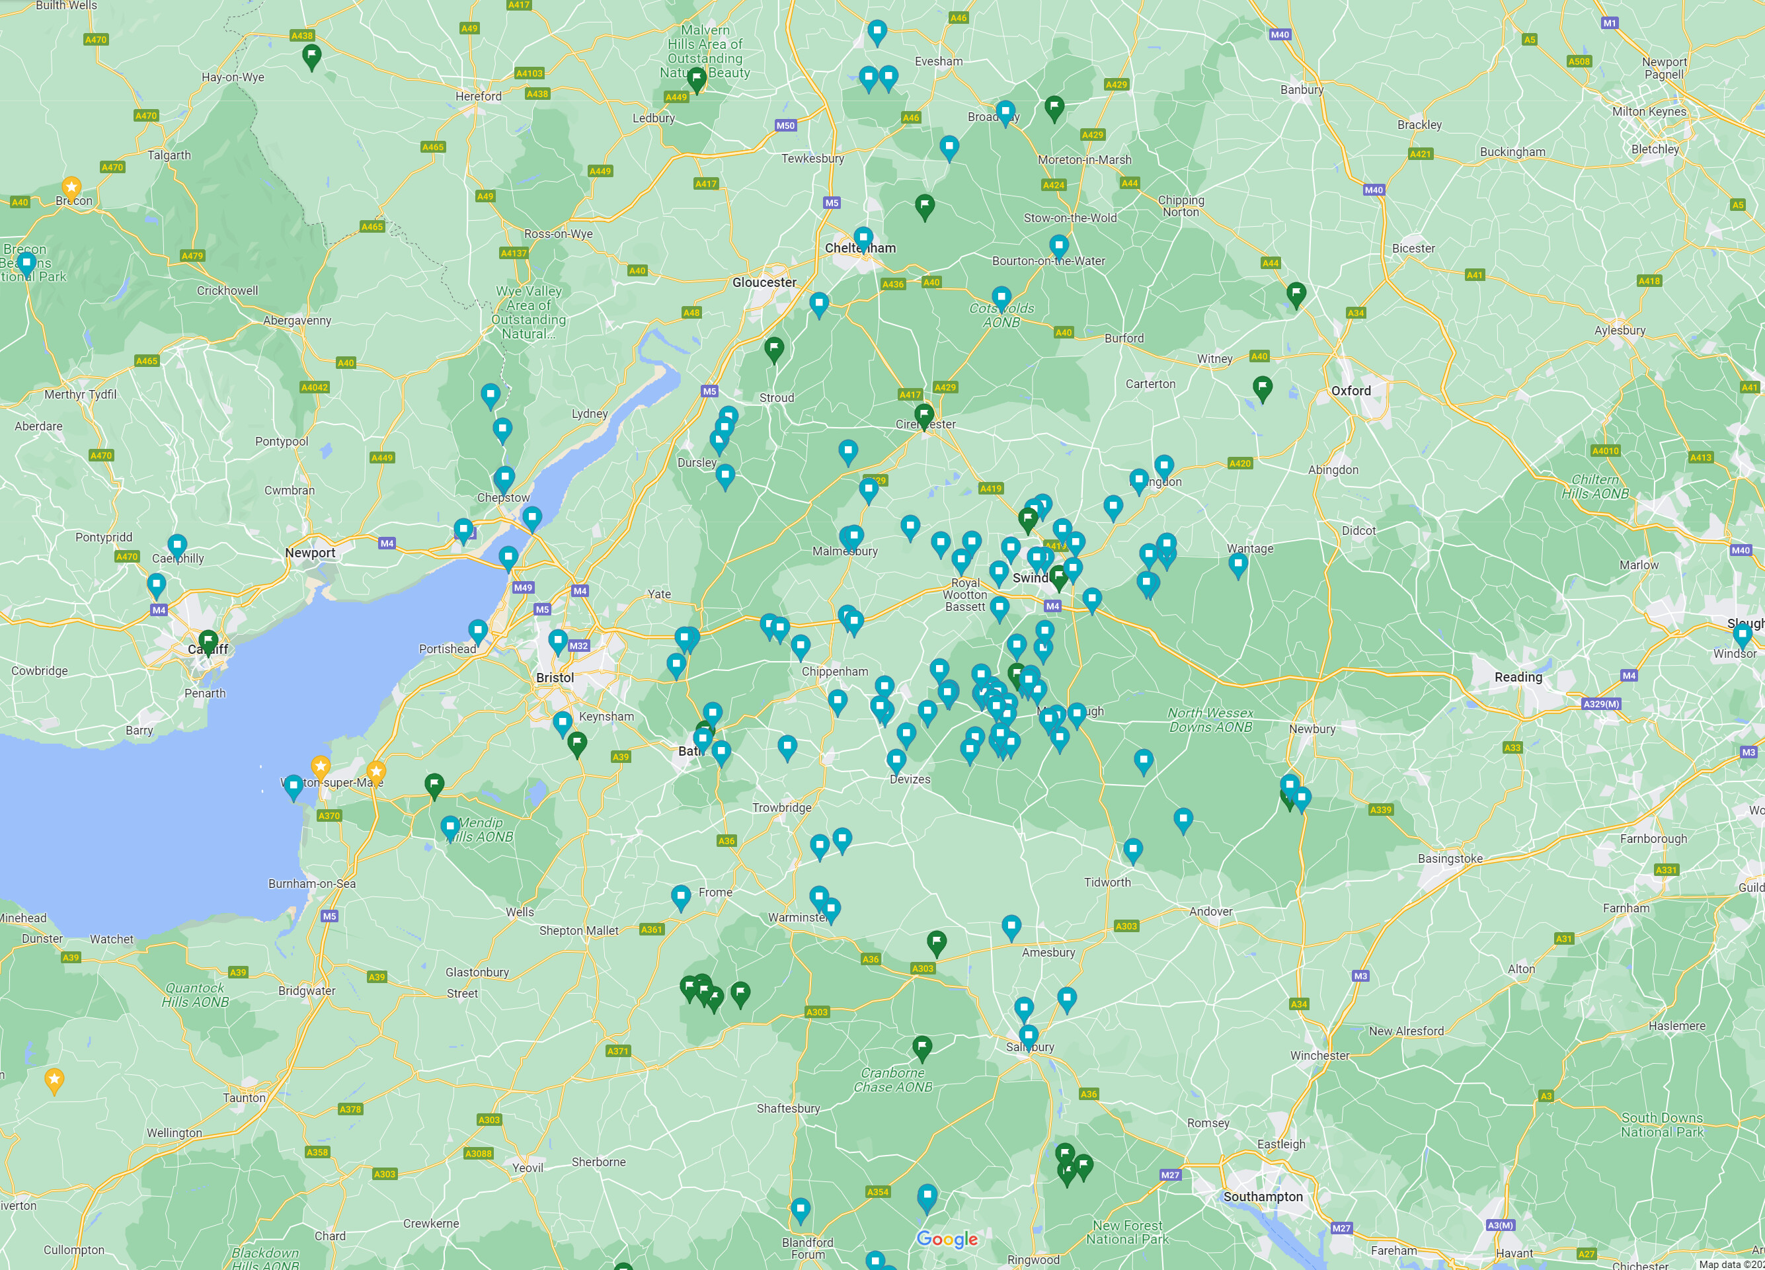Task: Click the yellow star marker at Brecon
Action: click(71, 186)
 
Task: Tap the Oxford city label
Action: click(1351, 391)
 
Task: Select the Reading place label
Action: click(1518, 677)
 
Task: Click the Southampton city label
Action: click(1262, 1196)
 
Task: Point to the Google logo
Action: click(947, 1239)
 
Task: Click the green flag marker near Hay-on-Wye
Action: click(311, 56)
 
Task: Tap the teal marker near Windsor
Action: click(1743, 635)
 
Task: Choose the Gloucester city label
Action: click(764, 282)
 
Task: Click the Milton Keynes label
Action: click(1649, 111)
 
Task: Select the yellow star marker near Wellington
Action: click(54, 1080)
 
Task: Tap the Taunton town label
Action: click(245, 1098)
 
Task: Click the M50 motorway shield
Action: click(785, 126)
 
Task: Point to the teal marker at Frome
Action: click(681, 896)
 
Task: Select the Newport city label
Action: click(310, 553)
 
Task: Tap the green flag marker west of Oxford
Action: click(1262, 387)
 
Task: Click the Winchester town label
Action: click(1320, 1055)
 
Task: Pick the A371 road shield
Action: click(617, 1051)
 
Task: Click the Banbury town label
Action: click(1302, 89)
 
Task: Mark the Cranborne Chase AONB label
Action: click(892, 1080)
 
